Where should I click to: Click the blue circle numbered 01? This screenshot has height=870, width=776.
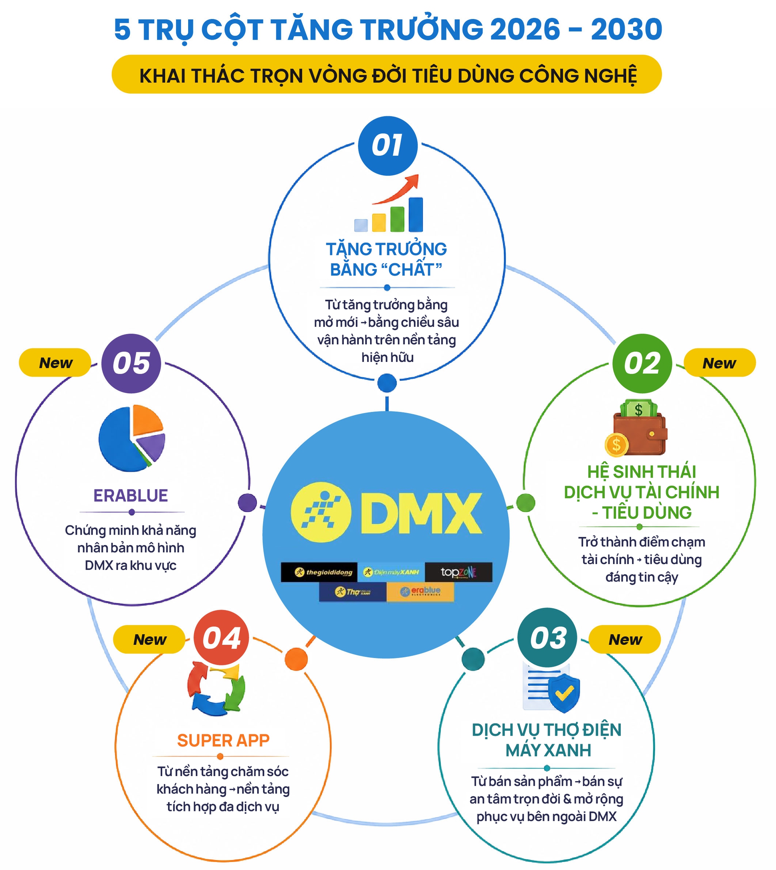(x=388, y=146)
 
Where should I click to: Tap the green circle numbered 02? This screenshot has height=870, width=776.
(x=642, y=363)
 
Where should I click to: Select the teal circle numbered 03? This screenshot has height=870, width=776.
(x=547, y=637)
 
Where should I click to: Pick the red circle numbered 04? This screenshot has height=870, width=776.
(x=221, y=637)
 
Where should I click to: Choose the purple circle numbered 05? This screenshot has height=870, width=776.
(x=131, y=363)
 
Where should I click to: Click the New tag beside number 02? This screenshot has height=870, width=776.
(x=720, y=363)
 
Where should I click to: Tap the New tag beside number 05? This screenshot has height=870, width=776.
(x=55, y=363)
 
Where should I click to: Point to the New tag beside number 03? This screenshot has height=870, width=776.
(x=625, y=639)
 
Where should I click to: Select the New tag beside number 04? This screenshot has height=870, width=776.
(x=149, y=639)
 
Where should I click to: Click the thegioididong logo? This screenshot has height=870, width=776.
(x=319, y=572)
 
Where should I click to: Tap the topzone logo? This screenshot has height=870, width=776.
(x=459, y=572)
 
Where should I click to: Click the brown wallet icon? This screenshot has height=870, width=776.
(x=636, y=428)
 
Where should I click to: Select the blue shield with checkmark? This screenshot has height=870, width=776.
(x=564, y=693)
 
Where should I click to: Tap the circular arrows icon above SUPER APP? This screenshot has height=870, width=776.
(x=216, y=689)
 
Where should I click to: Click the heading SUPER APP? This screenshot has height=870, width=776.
(x=223, y=740)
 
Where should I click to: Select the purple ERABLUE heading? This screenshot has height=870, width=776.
(x=131, y=495)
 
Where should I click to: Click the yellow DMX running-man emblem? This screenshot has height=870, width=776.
(x=320, y=512)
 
